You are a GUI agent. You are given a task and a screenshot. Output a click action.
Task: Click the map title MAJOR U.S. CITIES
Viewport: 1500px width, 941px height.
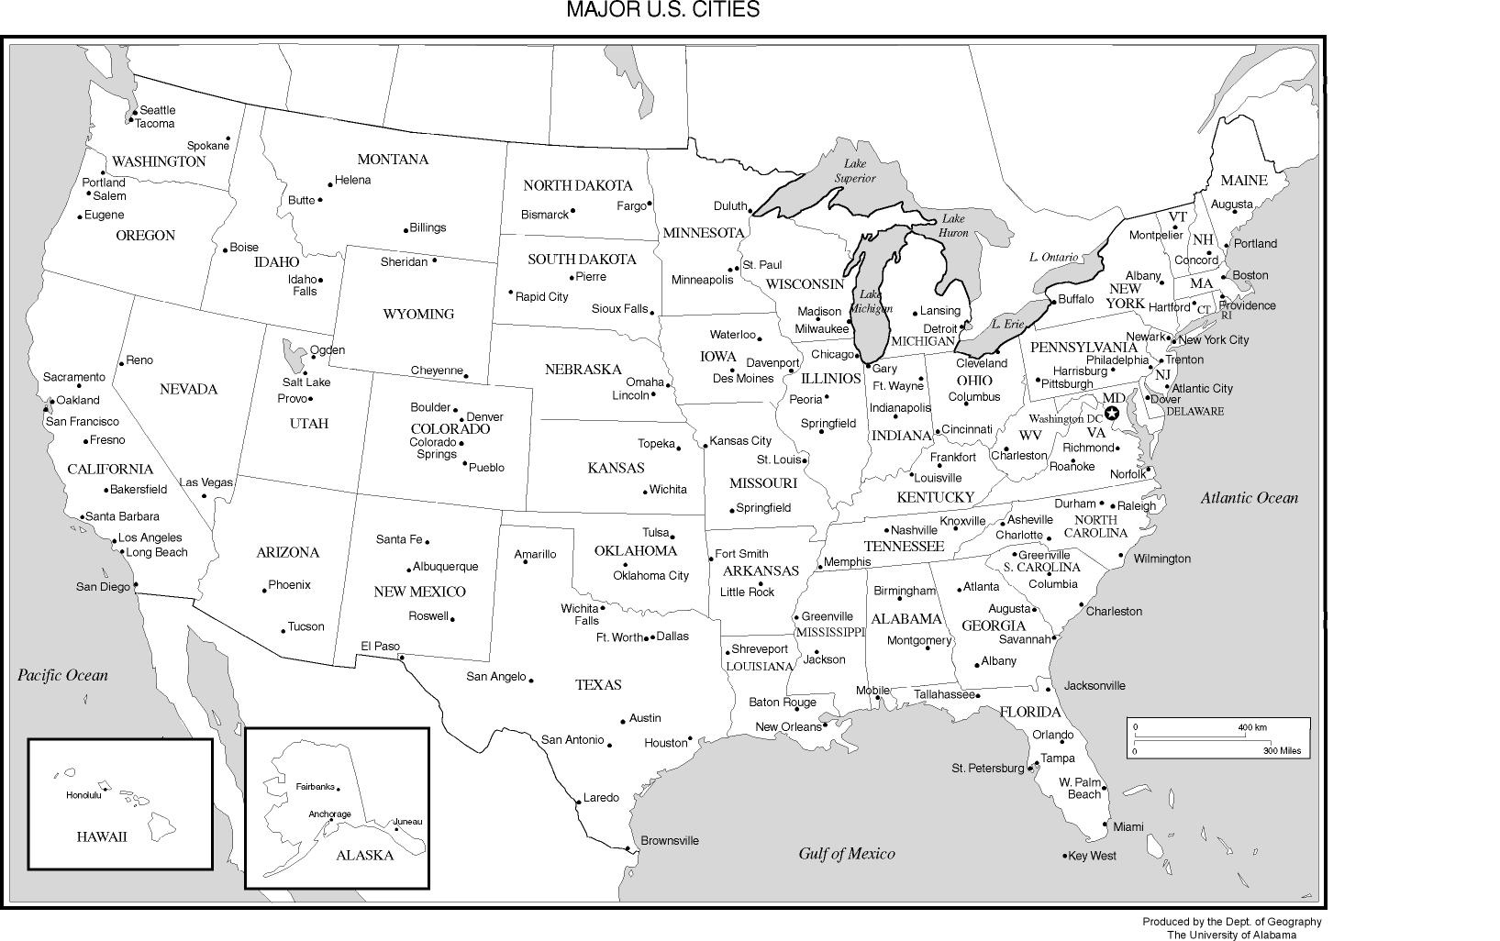tap(662, 10)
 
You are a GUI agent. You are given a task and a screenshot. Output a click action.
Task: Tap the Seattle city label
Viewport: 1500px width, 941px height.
tap(157, 110)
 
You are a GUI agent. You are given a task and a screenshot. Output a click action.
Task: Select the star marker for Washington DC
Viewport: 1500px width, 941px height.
tap(1112, 413)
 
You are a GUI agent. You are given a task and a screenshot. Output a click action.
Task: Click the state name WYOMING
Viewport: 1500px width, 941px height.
tap(418, 314)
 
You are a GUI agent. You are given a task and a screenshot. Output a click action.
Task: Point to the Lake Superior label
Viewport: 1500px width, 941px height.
tap(855, 171)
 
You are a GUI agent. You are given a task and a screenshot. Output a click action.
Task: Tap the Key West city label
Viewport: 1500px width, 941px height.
tap(1092, 856)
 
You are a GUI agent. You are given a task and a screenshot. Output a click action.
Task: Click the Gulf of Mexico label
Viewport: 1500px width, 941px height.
tap(846, 854)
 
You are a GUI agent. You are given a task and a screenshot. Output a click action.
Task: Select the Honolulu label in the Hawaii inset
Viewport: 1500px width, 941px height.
tap(83, 795)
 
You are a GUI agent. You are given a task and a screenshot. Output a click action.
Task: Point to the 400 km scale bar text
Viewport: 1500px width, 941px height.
tap(1252, 727)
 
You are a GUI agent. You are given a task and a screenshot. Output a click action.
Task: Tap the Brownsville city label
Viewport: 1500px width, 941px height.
tap(670, 840)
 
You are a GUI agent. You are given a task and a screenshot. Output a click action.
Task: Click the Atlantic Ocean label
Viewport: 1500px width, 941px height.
tap(1250, 498)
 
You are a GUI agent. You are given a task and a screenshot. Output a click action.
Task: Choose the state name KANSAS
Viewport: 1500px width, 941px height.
tap(616, 468)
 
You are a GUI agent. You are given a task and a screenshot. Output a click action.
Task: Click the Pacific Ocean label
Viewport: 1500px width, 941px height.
tap(62, 675)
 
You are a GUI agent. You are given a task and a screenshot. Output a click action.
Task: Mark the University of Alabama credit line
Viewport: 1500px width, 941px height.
tap(1231, 935)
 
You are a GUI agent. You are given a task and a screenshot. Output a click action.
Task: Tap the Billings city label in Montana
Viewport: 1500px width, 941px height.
tap(428, 227)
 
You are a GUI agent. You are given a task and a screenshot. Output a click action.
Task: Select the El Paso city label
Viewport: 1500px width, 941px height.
tap(380, 646)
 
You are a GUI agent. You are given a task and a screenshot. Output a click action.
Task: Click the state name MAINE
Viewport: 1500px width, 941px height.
tap(1243, 180)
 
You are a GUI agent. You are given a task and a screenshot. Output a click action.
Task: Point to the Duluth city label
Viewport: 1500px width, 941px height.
tap(730, 205)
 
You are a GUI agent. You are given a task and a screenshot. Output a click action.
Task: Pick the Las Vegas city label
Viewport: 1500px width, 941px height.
tap(206, 482)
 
